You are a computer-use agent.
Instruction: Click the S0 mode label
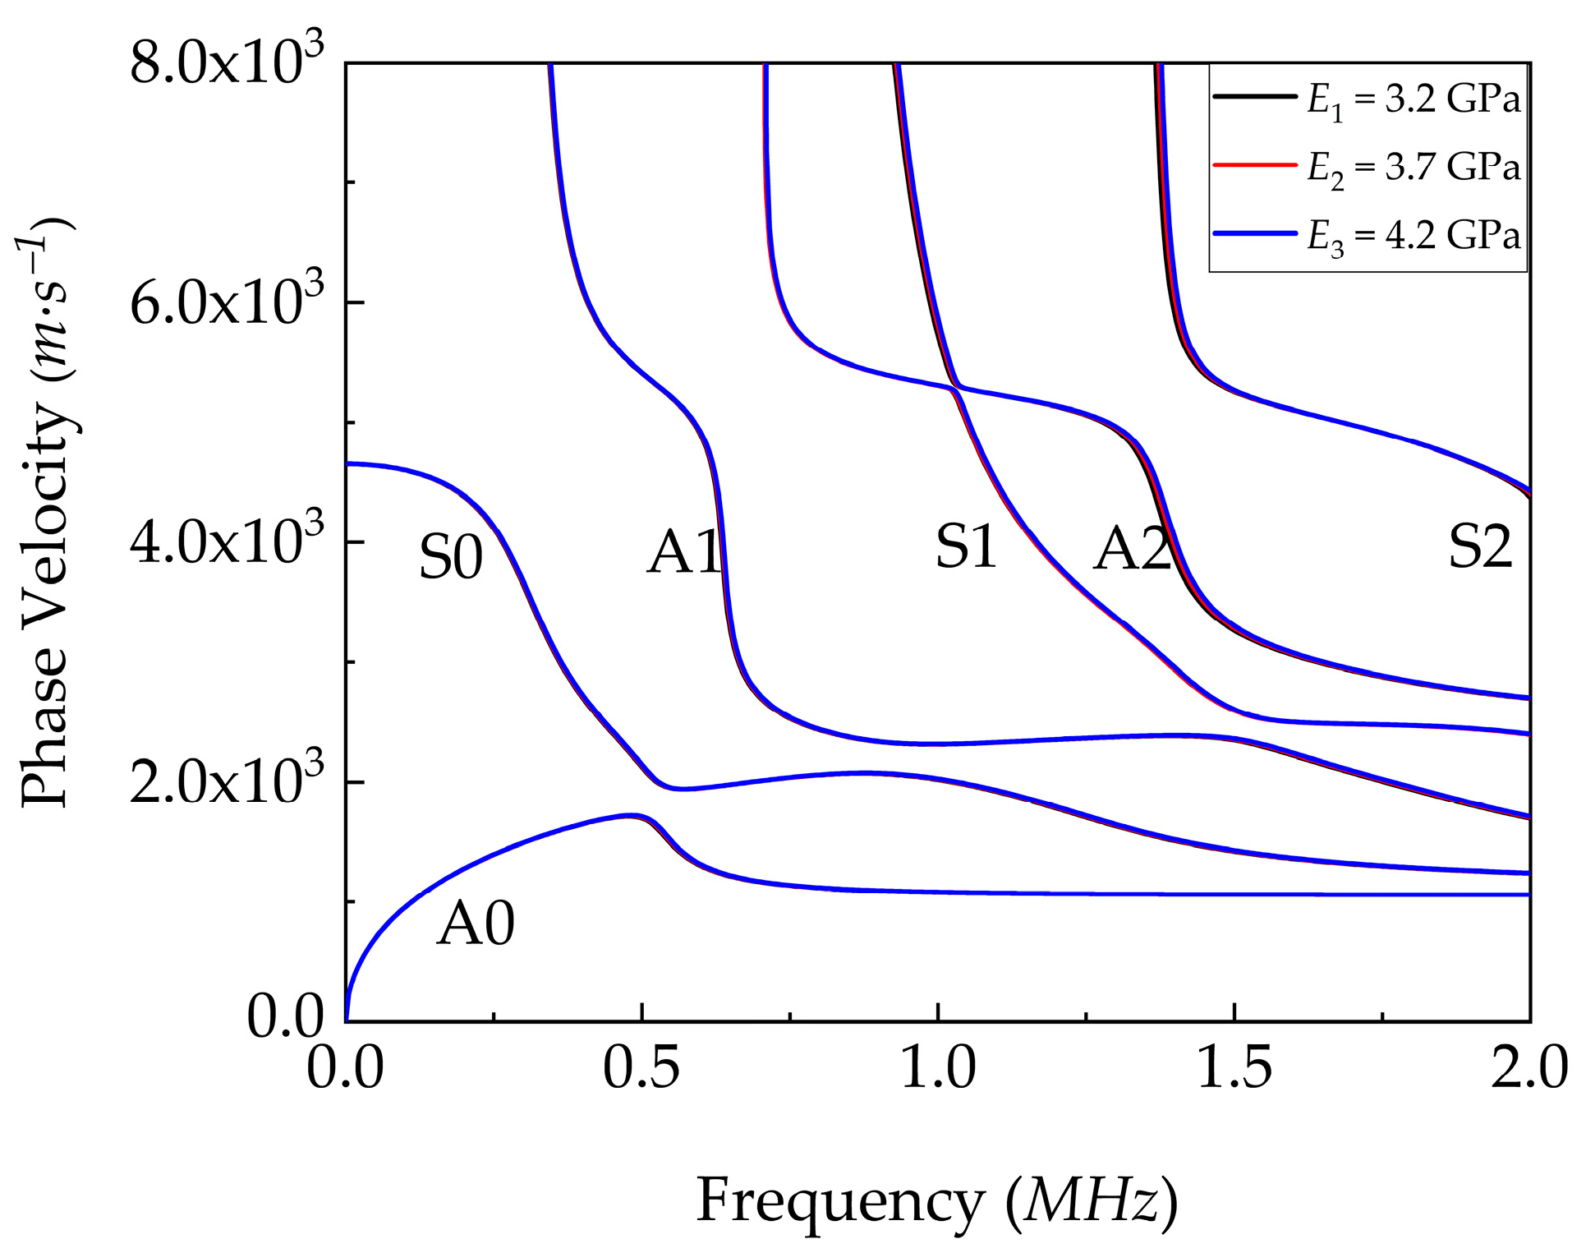(x=450, y=557)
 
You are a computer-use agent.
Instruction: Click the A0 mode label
(x=476, y=924)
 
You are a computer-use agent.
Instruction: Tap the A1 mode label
(x=683, y=552)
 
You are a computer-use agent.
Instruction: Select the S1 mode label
(x=966, y=547)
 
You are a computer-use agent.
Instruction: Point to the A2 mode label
(x=1133, y=549)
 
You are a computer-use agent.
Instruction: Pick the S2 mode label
(x=1479, y=547)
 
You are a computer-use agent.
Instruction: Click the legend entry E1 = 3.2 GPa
(x=1413, y=99)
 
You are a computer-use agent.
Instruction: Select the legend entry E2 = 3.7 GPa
(x=1413, y=168)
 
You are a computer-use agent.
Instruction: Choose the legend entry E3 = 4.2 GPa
(x=1413, y=237)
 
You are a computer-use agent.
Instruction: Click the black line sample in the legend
(x=1254, y=97)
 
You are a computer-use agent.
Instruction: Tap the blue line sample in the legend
(x=1254, y=234)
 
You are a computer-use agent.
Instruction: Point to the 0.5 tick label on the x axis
(x=641, y=1069)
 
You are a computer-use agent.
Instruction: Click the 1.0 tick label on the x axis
(x=938, y=1069)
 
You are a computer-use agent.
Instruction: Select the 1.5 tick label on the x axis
(x=1234, y=1069)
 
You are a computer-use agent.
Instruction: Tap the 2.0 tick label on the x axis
(x=1529, y=1069)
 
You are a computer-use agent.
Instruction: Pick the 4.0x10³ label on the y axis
(x=227, y=541)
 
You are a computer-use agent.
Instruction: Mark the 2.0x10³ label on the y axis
(x=227, y=781)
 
